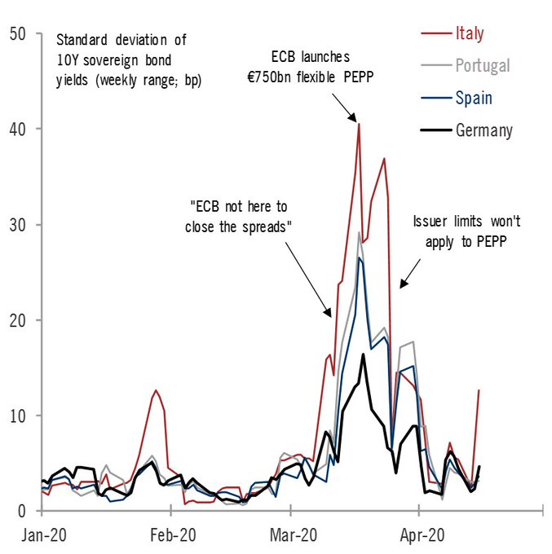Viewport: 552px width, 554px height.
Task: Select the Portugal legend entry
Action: [x=482, y=66]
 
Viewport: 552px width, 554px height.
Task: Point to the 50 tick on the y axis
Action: [x=19, y=33]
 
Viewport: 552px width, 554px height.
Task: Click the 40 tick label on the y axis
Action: [x=19, y=129]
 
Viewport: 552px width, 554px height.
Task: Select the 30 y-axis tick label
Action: [x=19, y=224]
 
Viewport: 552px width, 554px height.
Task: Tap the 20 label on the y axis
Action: [x=19, y=319]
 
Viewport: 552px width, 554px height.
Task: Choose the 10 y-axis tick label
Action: [x=19, y=415]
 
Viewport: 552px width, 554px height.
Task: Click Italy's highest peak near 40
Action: [x=359, y=124]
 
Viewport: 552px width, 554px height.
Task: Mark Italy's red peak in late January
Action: [x=155, y=390]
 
